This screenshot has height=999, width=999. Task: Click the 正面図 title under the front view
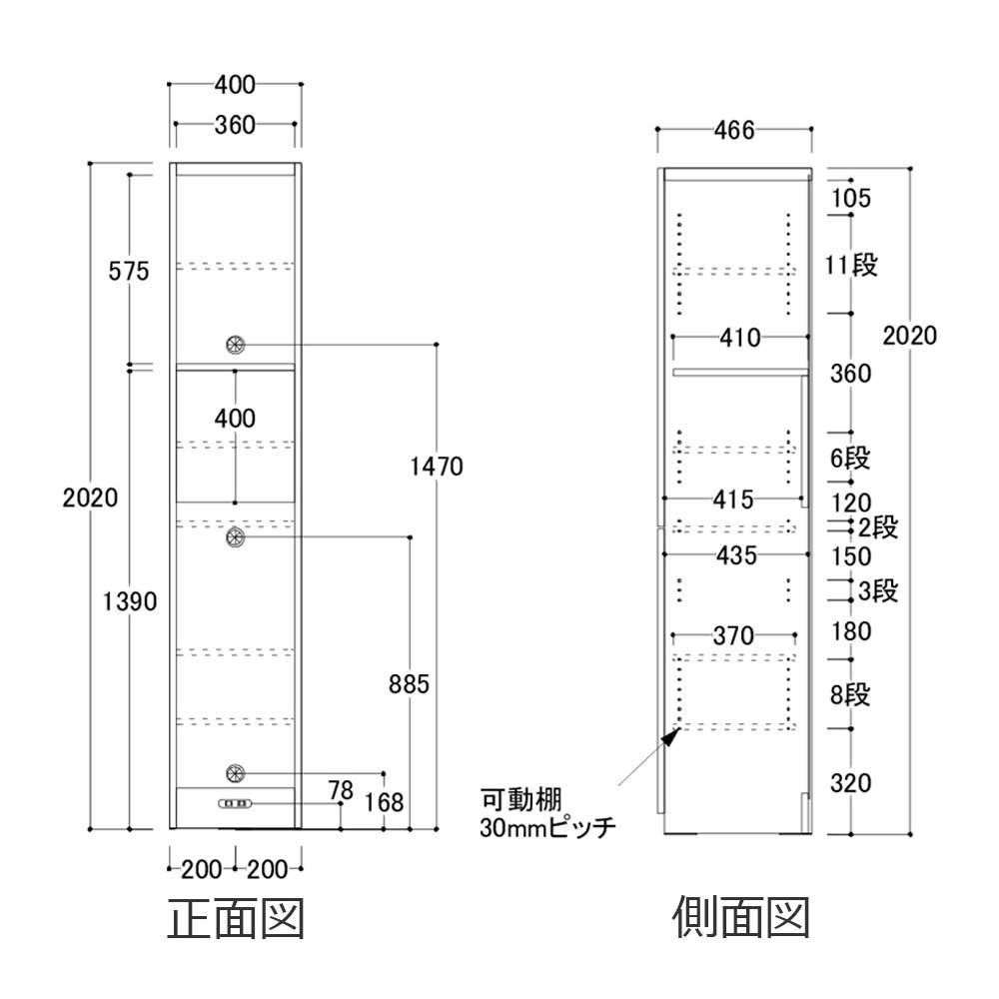[235, 918]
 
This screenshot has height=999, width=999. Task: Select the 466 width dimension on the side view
[733, 130]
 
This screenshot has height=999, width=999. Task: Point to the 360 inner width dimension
[235, 125]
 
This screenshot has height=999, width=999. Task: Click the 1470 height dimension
[437, 465]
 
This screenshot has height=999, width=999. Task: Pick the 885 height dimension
[410, 684]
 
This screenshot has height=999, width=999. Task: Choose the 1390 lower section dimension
[130, 600]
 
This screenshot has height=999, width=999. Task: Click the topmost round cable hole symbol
[236, 344]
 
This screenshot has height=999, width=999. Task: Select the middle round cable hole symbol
[236, 537]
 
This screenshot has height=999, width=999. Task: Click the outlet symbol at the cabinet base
[236, 803]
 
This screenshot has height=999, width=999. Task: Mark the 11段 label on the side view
[851, 266]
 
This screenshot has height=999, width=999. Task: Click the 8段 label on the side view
[851, 694]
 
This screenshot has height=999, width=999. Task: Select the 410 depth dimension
[740, 337]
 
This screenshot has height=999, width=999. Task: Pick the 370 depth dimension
[734, 633]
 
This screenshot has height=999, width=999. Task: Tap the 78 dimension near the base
[341, 791]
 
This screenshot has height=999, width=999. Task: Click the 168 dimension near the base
[385, 800]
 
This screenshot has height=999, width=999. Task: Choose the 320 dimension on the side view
[851, 783]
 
